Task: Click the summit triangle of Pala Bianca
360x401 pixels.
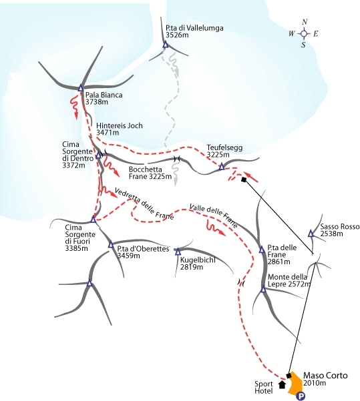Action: tap(81, 88)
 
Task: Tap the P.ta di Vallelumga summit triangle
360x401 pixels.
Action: tap(166, 45)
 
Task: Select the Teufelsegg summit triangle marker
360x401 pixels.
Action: tap(222, 167)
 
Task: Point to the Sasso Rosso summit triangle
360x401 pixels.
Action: tap(311, 234)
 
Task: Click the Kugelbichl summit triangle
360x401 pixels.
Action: tap(178, 252)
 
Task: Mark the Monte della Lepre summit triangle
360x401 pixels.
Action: tap(263, 290)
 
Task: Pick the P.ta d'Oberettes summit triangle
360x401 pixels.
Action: tap(111, 245)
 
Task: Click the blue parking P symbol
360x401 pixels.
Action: tap(301, 396)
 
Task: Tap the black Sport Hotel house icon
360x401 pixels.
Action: tap(282, 384)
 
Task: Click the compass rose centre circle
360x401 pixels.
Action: tap(304, 33)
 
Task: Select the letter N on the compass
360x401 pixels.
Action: tap(305, 22)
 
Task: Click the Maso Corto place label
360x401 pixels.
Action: tap(325, 376)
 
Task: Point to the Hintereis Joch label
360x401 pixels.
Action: tap(120, 125)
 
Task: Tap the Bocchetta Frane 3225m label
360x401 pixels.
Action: tap(150, 173)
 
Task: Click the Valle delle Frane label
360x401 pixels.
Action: tap(213, 216)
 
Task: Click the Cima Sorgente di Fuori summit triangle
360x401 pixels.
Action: tap(94, 219)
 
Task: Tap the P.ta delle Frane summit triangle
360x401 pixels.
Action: tap(262, 250)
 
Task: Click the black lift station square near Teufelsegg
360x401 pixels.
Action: tap(244, 179)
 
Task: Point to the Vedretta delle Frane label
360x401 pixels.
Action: tap(144, 204)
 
